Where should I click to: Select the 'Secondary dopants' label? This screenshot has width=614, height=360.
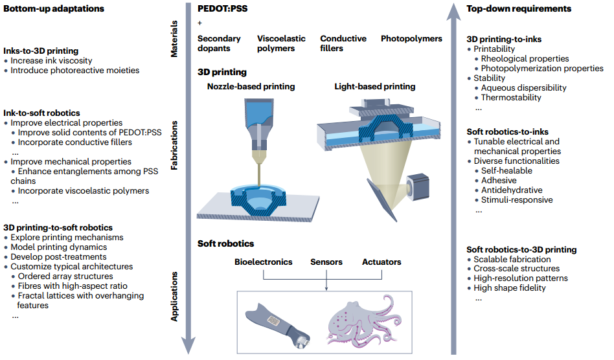click(219, 43)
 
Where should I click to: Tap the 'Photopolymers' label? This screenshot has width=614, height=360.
click(411, 39)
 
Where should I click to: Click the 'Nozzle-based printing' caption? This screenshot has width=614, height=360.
click(251, 86)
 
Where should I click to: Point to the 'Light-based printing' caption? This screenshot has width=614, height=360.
click(375, 86)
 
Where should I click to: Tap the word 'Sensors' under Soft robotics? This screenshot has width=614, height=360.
click(326, 262)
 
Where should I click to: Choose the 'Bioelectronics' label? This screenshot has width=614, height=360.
click(263, 262)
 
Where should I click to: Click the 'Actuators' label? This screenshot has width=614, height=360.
click(381, 262)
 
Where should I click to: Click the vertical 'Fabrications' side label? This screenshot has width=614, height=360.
click(174, 148)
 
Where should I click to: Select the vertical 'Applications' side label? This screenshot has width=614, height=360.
click(174, 295)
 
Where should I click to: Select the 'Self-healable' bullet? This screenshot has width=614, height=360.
click(506, 171)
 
